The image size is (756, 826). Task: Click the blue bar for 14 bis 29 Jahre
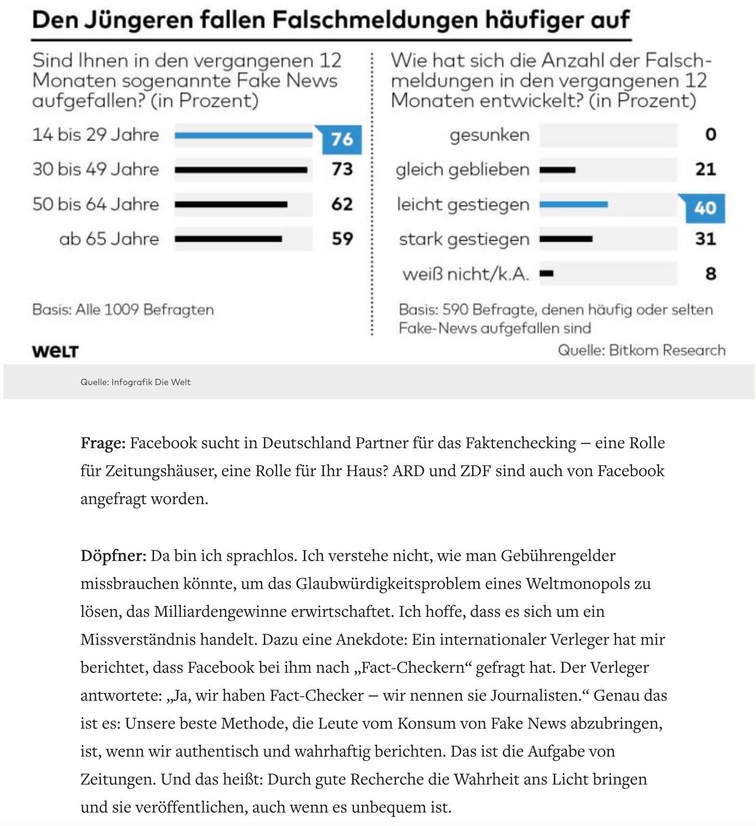(x=243, y=136)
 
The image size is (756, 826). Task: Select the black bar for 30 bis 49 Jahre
(x=241, y=170)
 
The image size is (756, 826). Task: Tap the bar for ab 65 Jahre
(x=228, y=239)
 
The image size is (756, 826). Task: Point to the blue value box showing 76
(x=342, y=139)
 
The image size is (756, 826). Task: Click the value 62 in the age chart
(x=342, y=204)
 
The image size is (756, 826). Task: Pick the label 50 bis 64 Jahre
(x=95, y=204)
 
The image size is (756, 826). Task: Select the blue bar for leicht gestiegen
(x=574, y=205)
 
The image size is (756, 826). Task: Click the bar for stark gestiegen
(x=566, y=239)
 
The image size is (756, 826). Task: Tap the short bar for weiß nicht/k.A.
(x=547, y=274)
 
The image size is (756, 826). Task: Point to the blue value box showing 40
(x=705, y=208)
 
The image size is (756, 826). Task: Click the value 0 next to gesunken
(x=711, y=134)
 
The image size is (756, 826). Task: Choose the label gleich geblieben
(x=462, y=170)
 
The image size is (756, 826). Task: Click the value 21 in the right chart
(x=705, y=169)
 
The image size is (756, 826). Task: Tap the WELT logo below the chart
(x=55, y=351)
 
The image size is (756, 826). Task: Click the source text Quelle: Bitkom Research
(x=641, y=350)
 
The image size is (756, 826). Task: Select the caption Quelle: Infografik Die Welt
(x=135, y=382)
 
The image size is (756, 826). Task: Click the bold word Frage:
(x=103, y=443)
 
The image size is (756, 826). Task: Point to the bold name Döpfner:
(x=113, y=556)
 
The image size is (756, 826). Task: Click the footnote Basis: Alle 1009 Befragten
(x=123, y=309)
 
